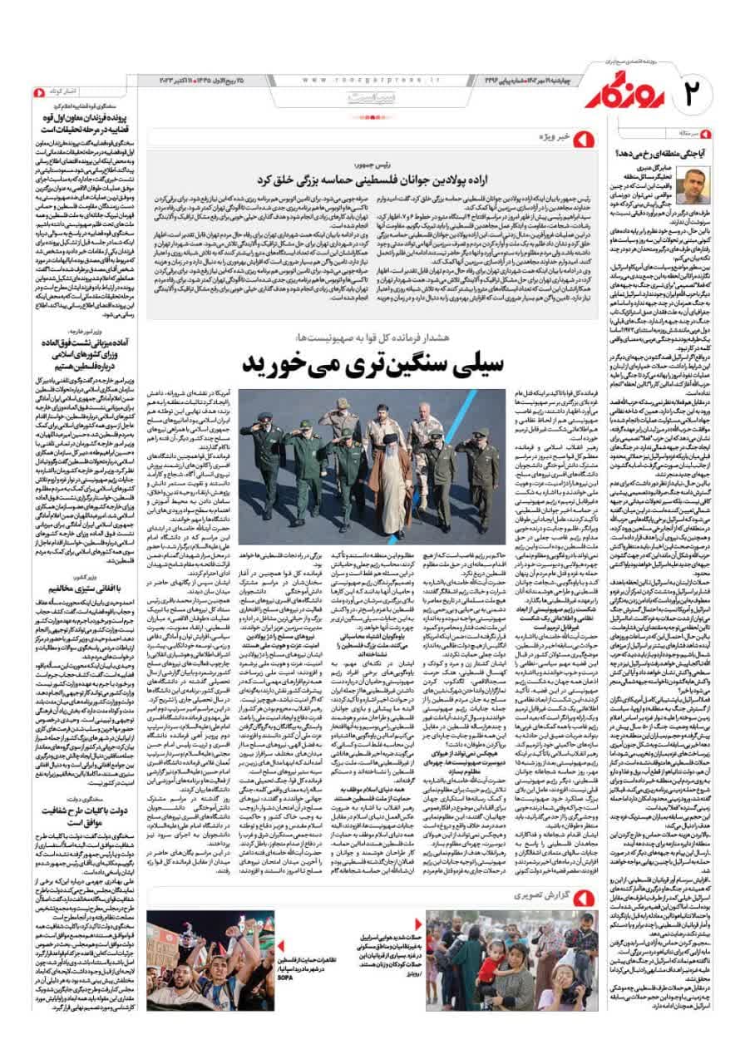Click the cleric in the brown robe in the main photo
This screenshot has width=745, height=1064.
pyautogui.click(x=390, y=465)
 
